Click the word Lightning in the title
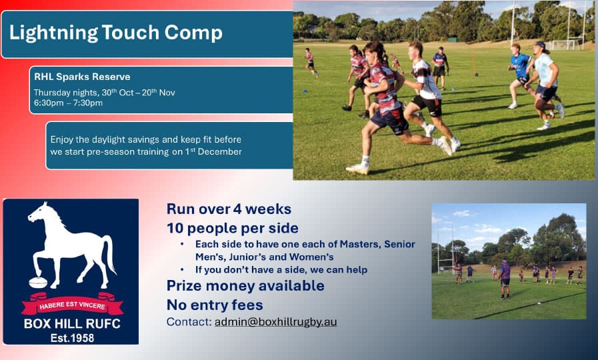point(53,33)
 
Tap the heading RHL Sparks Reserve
point(82,77)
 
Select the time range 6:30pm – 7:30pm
point(68,103)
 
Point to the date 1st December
point(213,151)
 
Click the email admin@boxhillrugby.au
point(276,322)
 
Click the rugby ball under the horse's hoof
point(38,283)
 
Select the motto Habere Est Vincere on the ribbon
point(72,305)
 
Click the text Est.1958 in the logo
point(72,338)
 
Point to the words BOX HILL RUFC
point(72,324)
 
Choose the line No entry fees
point(215,305)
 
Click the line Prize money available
point(245,285)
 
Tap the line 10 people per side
point(233,229)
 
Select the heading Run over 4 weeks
point(229,209)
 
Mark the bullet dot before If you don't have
point(182,269)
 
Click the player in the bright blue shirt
point(520,75)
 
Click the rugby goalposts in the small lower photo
point(445,250)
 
